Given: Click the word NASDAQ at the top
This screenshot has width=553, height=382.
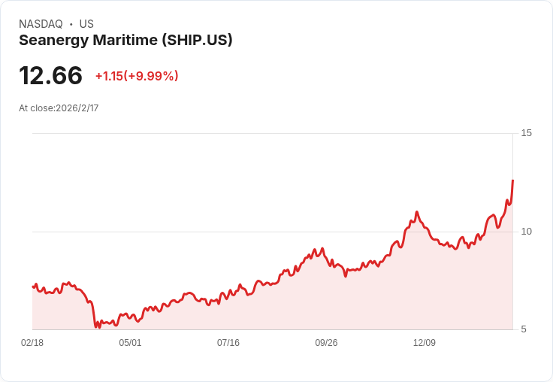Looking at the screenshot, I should tap(41, 24).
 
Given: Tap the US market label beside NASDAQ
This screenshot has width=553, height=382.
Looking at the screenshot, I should tap(86, 24).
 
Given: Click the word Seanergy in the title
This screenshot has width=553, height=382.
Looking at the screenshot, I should tap(50, 41).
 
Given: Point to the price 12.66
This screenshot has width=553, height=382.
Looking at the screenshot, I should tap(50, 76).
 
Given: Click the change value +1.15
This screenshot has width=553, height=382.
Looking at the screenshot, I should tap(108, 76).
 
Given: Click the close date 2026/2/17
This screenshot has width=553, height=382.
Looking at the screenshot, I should tap(77, 108).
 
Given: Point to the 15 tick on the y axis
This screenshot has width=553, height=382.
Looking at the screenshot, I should tap(526, 133).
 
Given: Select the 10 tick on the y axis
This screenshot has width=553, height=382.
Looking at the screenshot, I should tap(526, 231).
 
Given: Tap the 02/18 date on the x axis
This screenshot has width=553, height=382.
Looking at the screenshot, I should tap(32, 343).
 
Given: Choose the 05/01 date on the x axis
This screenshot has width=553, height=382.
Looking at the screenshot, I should tap(130, 343).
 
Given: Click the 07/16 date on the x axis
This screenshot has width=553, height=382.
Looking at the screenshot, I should tap(228, 343).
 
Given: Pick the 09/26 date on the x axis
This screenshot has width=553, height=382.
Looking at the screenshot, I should tap(326, 343).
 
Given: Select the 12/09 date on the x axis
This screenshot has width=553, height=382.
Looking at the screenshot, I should tap(425, 343).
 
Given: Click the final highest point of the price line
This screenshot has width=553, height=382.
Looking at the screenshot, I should tap(512, 180).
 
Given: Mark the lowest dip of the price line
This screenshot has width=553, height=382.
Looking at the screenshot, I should tap(96, 327).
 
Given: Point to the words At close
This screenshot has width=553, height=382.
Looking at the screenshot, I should tap(35, 108).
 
